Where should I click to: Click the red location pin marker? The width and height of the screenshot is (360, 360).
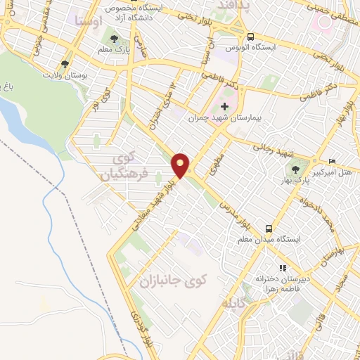pyautogui.click(x=181, y=165)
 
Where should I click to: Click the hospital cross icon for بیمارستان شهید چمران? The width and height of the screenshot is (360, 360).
pyautogui.click(x=224, y=105)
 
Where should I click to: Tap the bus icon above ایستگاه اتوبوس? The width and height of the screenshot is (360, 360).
pyautogui.click(x=250, y=37)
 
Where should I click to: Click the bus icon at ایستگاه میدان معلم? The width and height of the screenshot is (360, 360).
pyautogui.click(x=269, y=229)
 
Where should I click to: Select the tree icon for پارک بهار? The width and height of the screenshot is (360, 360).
pyautogui.click(x=296, y=169)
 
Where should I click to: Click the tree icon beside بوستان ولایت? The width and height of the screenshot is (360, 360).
pyautogui.click(x=65, y=64)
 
